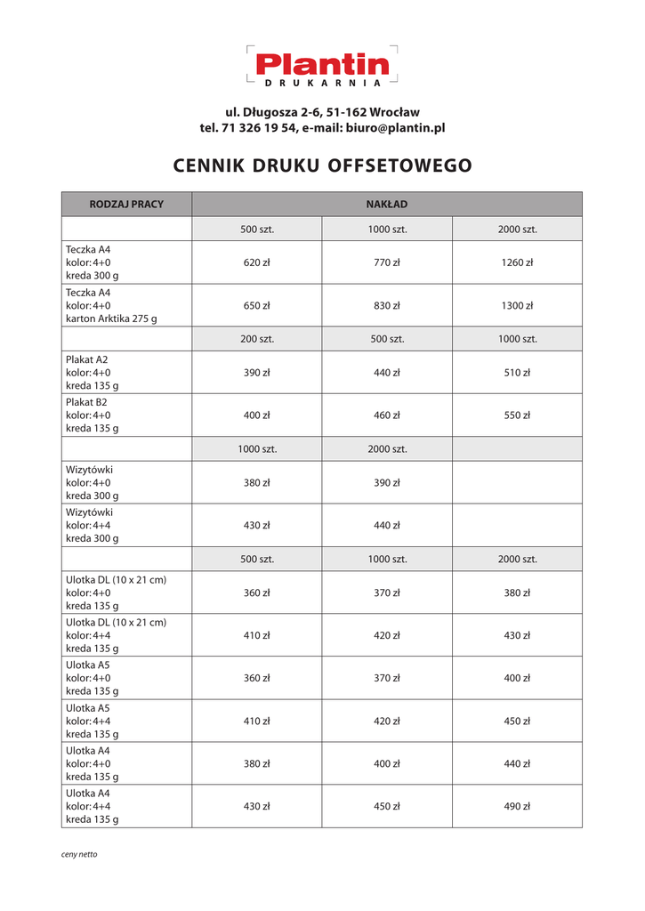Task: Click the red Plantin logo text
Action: tap(322, 64)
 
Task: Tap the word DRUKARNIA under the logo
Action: tap(323, 83)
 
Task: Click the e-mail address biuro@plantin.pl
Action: tap(395, 128)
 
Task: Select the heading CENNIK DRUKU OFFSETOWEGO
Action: tap(322, 166)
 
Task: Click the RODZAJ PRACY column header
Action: tap(126, 205)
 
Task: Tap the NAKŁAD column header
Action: tap(387, 205)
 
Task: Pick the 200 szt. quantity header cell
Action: tap(257, 339)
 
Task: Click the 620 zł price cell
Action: tap(257, 262)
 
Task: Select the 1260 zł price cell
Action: tap(517, 262)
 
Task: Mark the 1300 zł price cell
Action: tap(517, 305)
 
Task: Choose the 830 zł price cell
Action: tap(387, 305)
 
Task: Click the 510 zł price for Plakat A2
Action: tap(517, 373)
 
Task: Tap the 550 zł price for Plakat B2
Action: tap(517, 415)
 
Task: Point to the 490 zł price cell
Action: tap(517, 807)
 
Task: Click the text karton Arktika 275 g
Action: tap(111, 318)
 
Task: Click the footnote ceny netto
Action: tap(79, 855)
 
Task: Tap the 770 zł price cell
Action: tap(387, 262)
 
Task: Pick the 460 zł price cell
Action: tap(387, 415)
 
